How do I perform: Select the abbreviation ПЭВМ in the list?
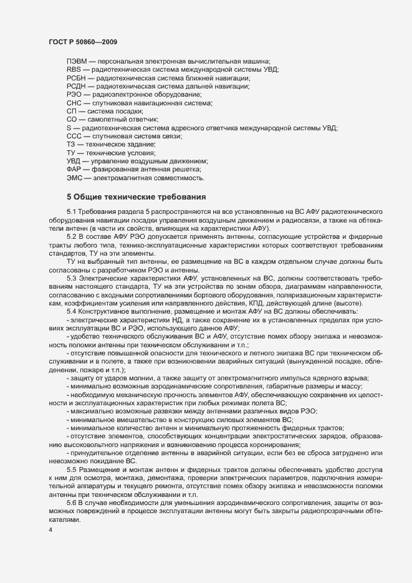[77, 60]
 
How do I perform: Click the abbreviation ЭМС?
[74, 178]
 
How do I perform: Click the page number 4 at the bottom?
[50, 531]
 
